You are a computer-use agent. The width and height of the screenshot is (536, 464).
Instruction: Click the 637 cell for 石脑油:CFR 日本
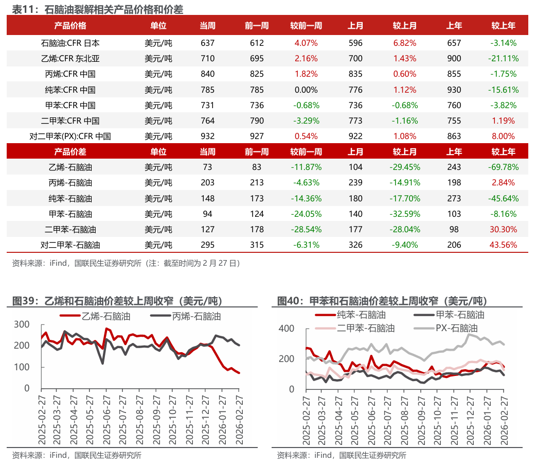[207, 43]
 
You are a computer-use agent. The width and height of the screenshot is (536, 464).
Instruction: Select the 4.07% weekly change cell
[306, 43]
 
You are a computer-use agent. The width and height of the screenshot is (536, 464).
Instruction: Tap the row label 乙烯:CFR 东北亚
[70, 58]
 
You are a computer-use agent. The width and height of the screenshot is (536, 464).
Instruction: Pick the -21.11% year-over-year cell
[503, 58]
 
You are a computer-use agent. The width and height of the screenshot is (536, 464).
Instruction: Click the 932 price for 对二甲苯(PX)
[207, 136]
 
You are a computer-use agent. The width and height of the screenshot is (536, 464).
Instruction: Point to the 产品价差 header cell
[70, 152]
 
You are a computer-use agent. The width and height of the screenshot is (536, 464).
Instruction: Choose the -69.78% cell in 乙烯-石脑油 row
[503, 167]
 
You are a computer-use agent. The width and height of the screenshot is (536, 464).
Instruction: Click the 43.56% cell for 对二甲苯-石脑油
[503, 245]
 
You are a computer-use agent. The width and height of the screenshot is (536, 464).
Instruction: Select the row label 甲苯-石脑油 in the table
[70, 214]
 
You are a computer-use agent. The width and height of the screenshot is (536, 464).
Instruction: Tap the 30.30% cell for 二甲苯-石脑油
[503, 229]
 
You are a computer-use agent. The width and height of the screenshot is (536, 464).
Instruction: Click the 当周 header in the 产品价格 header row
[207, 26]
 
